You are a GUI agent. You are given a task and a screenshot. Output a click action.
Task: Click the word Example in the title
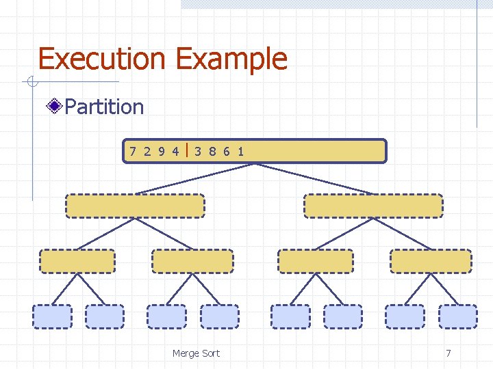(x=231, y=60)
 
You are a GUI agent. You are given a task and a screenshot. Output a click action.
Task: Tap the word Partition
(x=104, y=107)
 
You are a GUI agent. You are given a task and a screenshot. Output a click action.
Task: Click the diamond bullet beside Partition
(x=54, y=106)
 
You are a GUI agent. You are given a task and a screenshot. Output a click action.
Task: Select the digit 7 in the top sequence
(x=133, y=151)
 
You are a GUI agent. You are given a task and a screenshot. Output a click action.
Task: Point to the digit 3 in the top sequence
(x=197, y=151)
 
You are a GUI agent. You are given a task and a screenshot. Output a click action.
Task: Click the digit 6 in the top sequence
(x=226, y=151)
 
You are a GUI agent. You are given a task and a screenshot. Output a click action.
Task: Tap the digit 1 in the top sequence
(x=240, y=151)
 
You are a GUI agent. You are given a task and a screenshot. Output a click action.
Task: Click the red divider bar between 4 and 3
(x=187, y=150)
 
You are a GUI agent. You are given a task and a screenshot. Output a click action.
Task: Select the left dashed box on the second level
(x=135, y=206)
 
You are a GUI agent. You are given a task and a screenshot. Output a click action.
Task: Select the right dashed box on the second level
(x=373, y=206)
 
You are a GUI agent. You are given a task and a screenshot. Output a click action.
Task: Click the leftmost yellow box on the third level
(x=77, y=261)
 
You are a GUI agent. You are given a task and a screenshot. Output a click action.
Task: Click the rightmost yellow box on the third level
(x=431, y=261)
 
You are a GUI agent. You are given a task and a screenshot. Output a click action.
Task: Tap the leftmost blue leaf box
(x=52, y=316)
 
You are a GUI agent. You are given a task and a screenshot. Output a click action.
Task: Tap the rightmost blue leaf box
(x=458, y=316)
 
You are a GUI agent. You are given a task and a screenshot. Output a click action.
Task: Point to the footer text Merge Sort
(x=196, y=353)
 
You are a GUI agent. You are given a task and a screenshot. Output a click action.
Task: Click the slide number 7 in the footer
(x=448, y=353)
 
